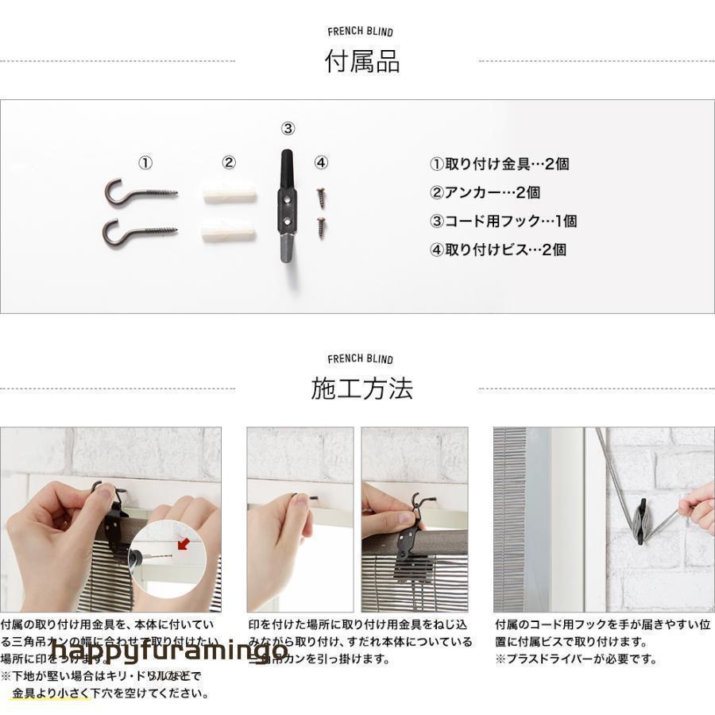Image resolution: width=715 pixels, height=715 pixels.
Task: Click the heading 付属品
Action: [361, 61]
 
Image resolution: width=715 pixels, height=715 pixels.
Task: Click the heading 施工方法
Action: [361, 388]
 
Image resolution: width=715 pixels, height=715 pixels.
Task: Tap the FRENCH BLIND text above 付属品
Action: [360, 32]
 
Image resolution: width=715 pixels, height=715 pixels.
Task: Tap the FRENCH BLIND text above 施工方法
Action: [360, 359]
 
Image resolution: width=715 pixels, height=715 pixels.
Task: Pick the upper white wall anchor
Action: [230, 193]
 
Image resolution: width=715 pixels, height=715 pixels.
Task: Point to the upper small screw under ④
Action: [321, 193]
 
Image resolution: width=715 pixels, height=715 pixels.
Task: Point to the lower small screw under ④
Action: [321, 225]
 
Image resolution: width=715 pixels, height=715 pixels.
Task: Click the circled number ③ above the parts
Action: [288, 129]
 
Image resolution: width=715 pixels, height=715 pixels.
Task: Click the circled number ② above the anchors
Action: [229, 163]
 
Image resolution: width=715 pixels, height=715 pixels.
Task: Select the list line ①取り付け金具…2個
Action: [499, 164]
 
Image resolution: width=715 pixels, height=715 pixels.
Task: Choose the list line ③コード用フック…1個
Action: [503, 221]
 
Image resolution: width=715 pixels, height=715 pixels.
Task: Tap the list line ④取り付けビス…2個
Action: [497, 249]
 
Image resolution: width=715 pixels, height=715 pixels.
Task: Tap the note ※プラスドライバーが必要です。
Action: [576, 659]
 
